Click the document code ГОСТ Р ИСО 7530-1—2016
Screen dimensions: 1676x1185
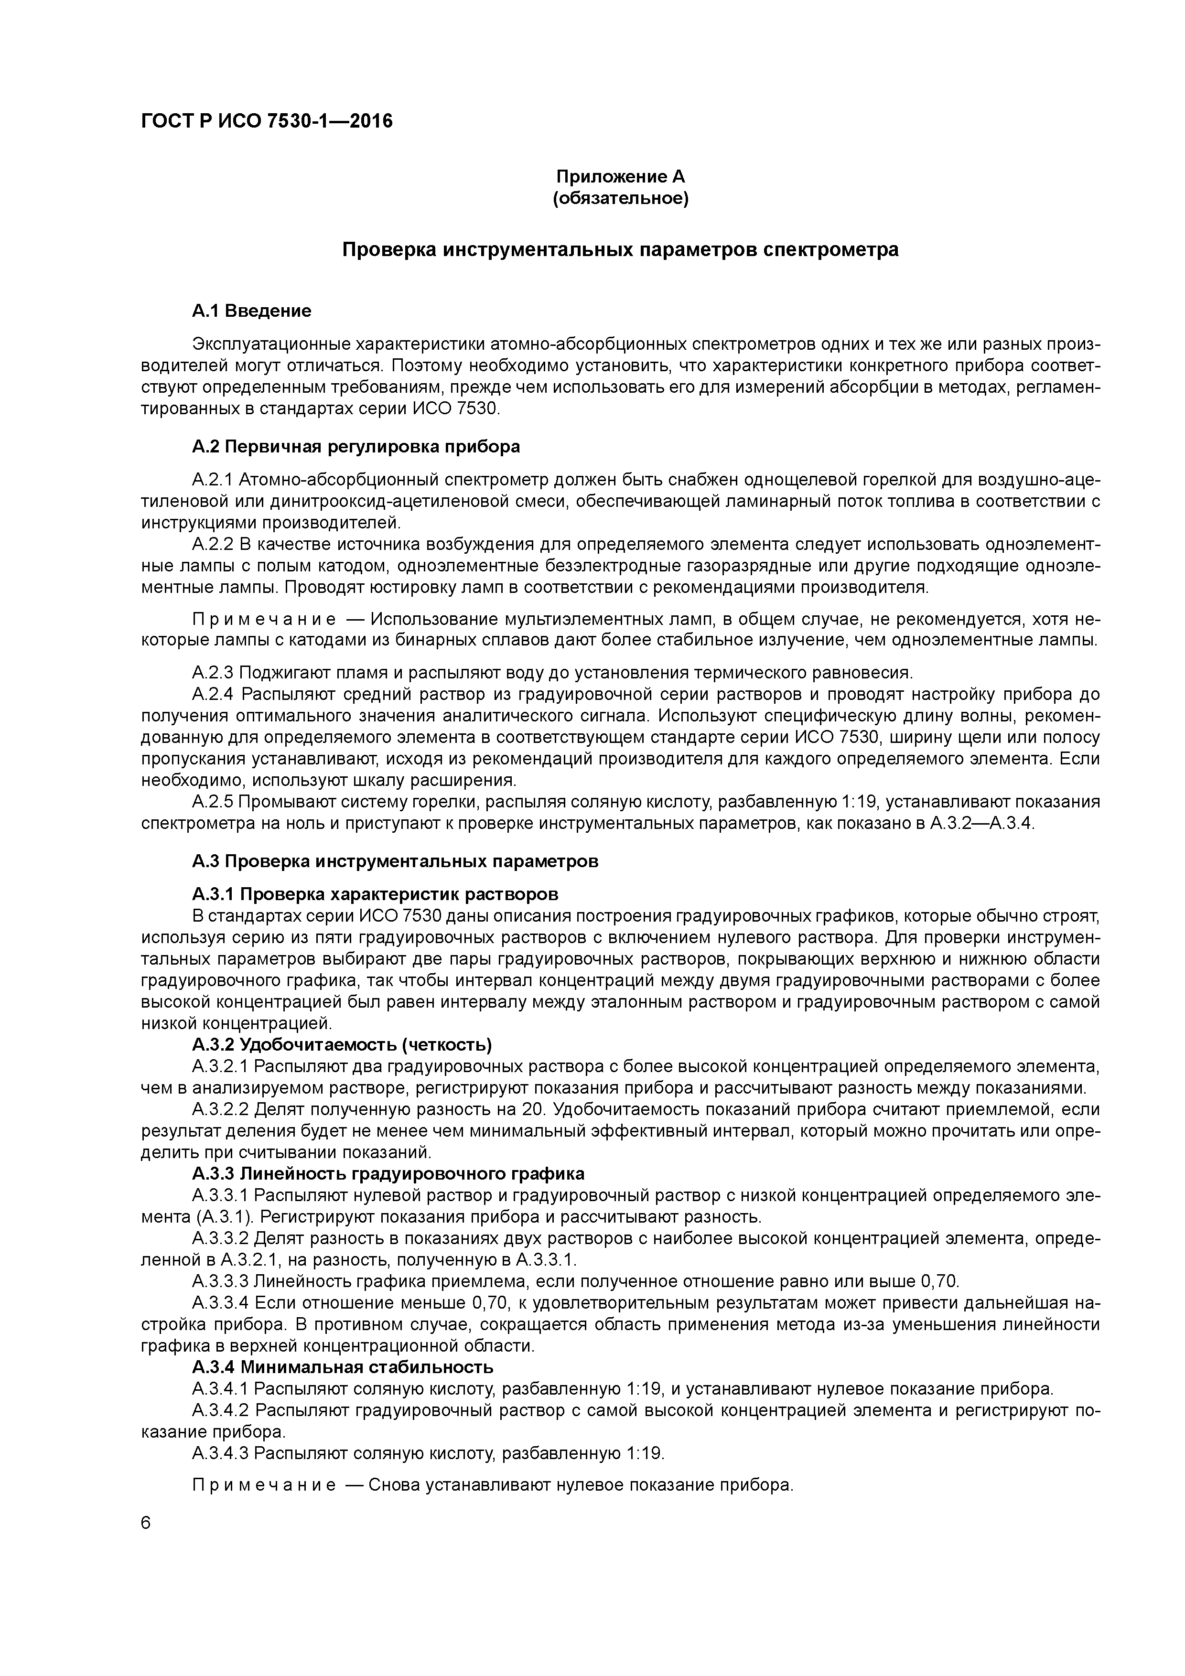[x=267, y=121]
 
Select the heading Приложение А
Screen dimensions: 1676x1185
[x=621, y=177]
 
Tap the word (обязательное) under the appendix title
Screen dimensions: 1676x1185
[x=621, y=199]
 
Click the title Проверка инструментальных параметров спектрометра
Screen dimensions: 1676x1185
[x=621, y=250]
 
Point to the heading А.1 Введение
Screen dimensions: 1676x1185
[x=251, y=311]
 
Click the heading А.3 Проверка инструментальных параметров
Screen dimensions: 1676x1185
[x=395, y=861]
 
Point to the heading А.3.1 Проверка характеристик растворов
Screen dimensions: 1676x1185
[x=375, y=894]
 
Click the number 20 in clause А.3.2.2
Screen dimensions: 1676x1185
[x=535, y=1110]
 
